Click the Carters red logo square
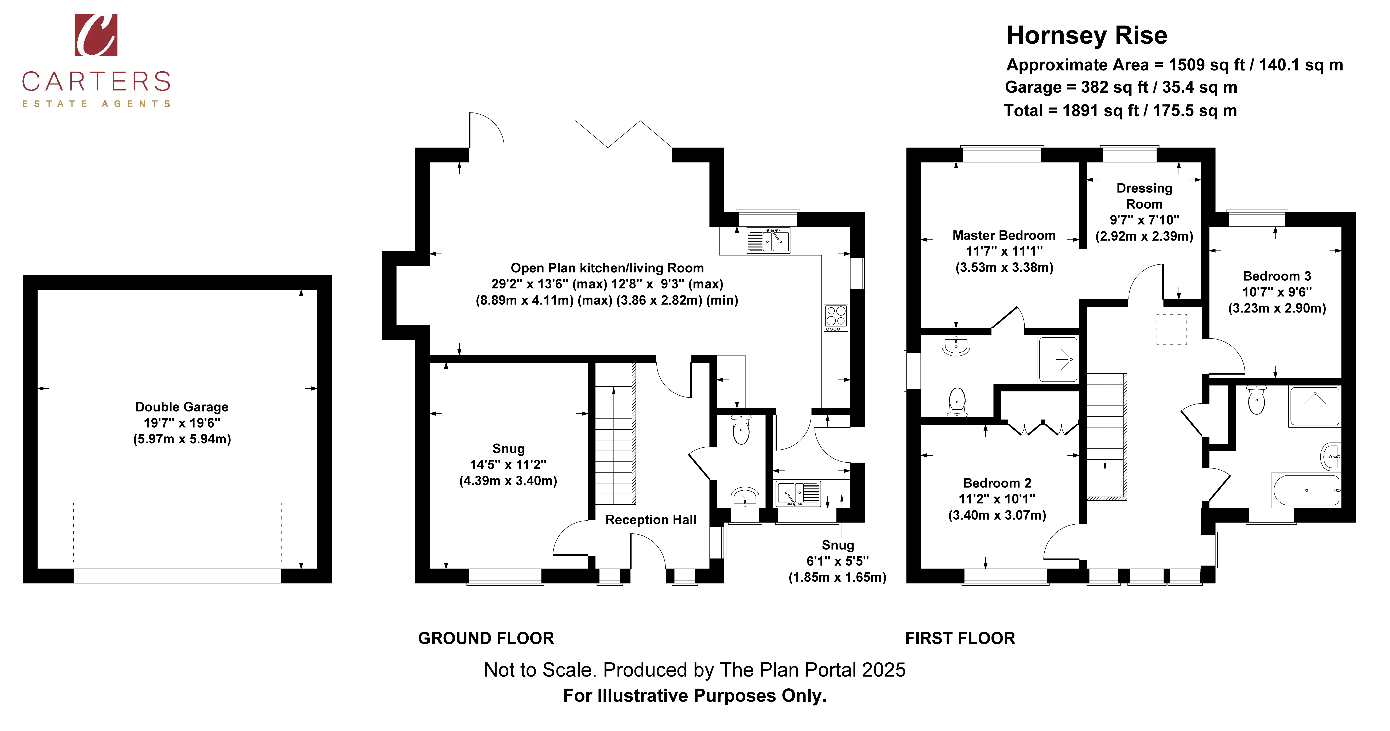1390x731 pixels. click(x=96, y=35)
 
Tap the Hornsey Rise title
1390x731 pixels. click(x=1087, y=36)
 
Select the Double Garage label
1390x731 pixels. click(x=182, y=407)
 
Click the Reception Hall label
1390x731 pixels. click(x=651, y=520)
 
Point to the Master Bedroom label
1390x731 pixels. click(x=1004, y=235)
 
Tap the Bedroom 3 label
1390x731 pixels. click(x=1277, y=276)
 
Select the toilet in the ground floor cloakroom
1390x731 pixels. click(x=741, y=429)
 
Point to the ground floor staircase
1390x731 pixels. click(x=615, y=433)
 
